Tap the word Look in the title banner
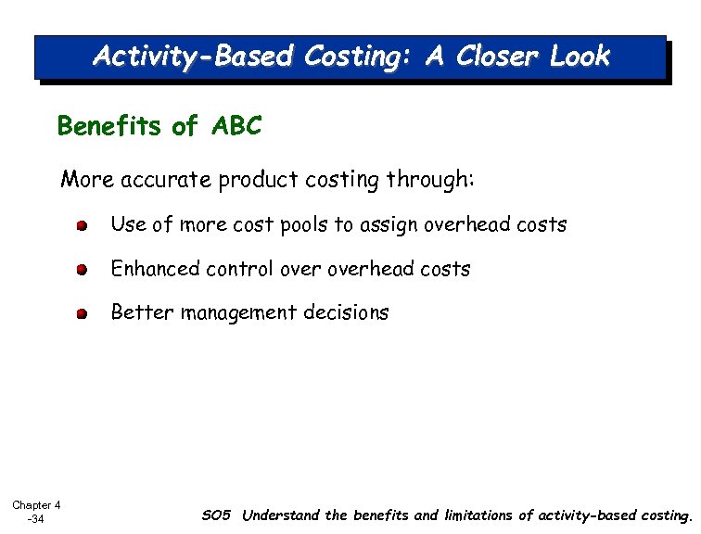coord(580,57)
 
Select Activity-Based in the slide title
coord(192,57)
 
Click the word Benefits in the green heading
coord(110,126)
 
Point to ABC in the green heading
coord(236,126)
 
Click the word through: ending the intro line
coord(427,180)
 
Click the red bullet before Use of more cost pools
coord(83,226)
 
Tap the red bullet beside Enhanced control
coord(83,270)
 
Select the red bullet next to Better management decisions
coord(83,314)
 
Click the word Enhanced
coord(155,270)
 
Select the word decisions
coord(347,313)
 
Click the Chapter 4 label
coord(36,505)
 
